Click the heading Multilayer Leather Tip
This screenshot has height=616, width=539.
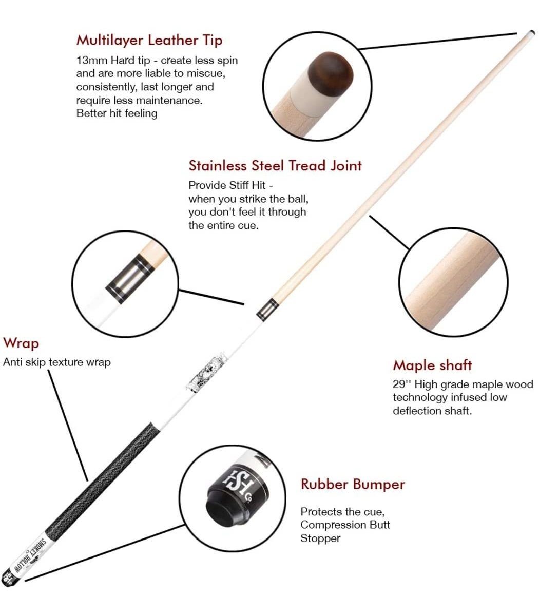[149, 41]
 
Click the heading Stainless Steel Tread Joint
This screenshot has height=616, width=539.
[275, 166]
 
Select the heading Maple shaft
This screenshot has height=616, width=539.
[432, 365]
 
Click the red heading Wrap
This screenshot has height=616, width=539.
[21, 343]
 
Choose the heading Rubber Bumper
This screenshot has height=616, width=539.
[353, 484]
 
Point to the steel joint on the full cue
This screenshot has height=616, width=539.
[267, 310]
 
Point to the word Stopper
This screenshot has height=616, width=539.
[320, 538]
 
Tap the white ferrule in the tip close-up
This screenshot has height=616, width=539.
[303, 89]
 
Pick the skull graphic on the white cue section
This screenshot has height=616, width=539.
[207, 372]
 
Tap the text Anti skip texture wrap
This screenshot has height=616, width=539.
[57, 362]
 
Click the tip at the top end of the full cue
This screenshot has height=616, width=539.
[531, 33]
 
